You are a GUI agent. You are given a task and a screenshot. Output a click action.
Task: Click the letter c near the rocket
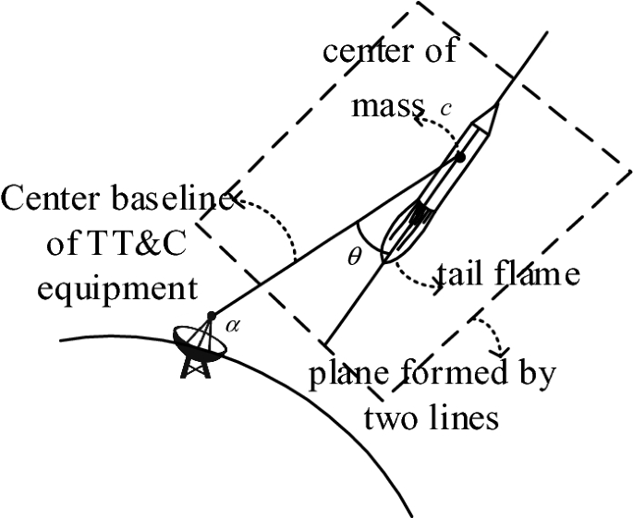[445, 109]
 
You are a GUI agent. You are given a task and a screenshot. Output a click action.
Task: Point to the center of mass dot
[460, 157]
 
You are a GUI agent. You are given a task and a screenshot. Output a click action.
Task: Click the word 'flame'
[540, 273]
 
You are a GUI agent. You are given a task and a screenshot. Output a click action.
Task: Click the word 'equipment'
[101, 288]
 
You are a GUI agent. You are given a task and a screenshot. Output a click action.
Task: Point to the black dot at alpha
[212, 316]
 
